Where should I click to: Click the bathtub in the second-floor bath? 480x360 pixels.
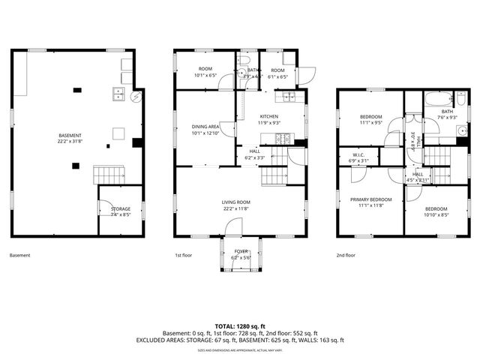[436, 99]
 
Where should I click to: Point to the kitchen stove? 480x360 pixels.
[284, 138]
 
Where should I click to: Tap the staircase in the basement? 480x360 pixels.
[109, 175]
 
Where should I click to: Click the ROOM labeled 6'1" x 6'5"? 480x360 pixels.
[278, 73]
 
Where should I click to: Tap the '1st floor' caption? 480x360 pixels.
[184, 256]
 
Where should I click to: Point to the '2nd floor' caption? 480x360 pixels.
[346, 256]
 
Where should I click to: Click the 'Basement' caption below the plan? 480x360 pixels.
[20, 256]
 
